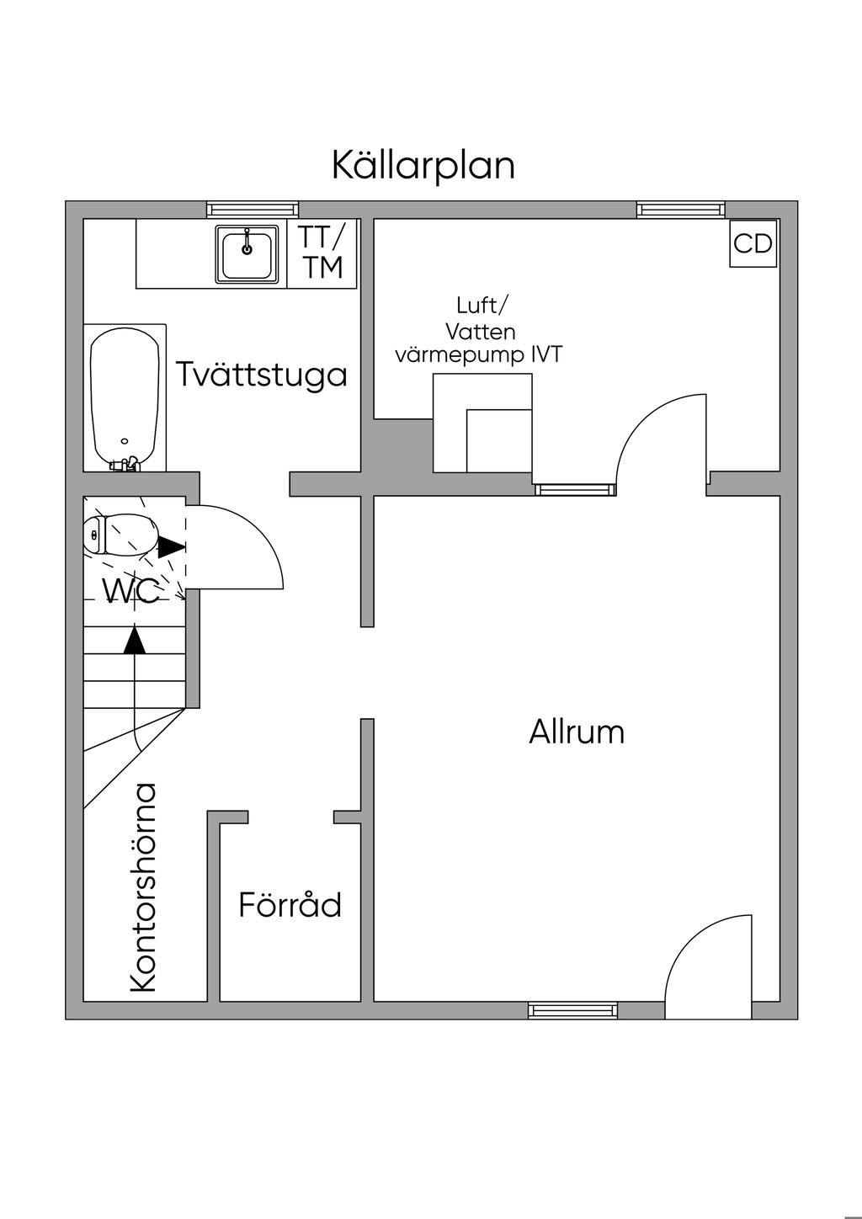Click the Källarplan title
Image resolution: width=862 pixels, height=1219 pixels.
(423, 165)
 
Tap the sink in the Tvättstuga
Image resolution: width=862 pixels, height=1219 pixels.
(247, 253)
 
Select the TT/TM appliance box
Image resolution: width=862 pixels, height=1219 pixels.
(323, 253)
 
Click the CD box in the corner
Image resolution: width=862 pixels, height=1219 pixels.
(753, 243)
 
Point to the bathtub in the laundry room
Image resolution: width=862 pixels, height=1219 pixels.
(125, 397)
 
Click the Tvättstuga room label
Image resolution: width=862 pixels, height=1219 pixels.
(262, 374)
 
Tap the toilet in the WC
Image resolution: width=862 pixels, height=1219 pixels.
(121, 535)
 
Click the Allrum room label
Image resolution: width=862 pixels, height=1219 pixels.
(577, 732)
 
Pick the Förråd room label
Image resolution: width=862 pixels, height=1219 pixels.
(290, 905)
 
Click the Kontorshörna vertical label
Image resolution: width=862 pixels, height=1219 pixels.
(144, 887)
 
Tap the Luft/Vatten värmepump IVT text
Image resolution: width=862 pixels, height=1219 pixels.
(478, 330)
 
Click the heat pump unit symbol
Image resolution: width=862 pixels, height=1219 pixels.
(483, 423)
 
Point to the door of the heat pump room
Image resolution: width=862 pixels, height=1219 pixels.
(661, 438)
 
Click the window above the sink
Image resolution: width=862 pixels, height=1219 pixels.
(253, 209)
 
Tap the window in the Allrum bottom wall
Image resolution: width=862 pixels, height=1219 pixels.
(572, 1010)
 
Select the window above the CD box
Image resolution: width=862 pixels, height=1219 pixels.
(680, 209)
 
